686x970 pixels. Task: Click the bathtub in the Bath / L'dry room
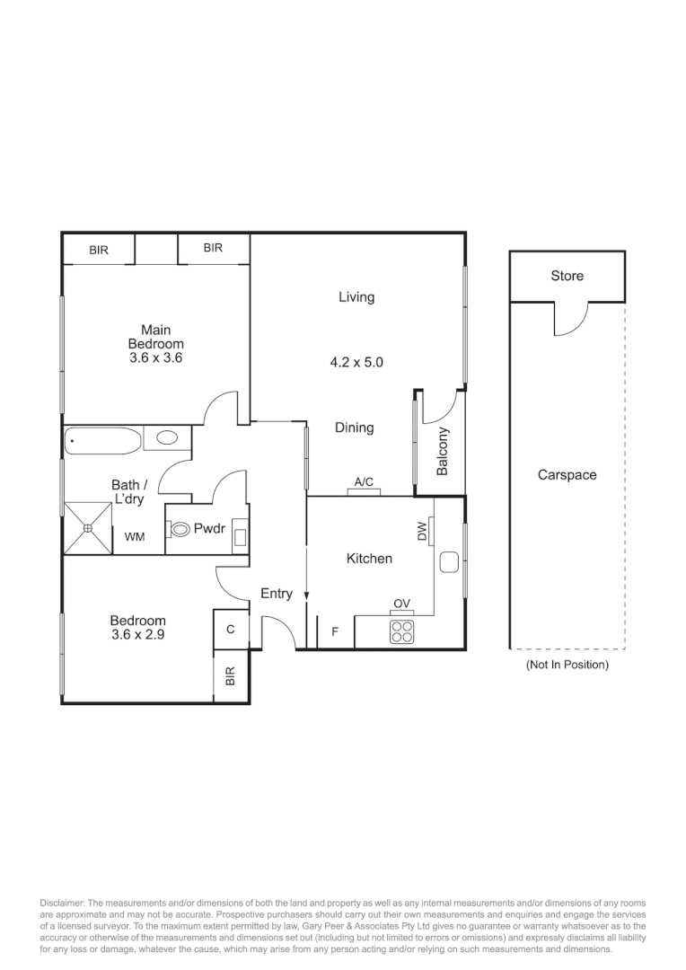click(x=103, y=440)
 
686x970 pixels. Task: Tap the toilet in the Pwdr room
click(x=178, y=530)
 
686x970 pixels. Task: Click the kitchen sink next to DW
click(x=450, y=563)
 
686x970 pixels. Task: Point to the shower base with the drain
click(x=88, y=528)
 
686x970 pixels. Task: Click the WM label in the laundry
click(x=135, y=537)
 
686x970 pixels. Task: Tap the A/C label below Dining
click(x=364, y=482)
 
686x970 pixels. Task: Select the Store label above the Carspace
click(x=567, y=276)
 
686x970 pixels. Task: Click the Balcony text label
click(x=442, y=451)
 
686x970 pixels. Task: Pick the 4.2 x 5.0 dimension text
click(x=356, y=363)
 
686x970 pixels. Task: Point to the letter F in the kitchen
click(x=335, y=631)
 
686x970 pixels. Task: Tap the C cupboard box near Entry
click(x=231, y=630)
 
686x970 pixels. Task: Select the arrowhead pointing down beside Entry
click(x=307, y=595)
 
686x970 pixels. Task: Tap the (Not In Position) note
click(x=567, y=665)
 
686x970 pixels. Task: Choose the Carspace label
click(x=567, y=475)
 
